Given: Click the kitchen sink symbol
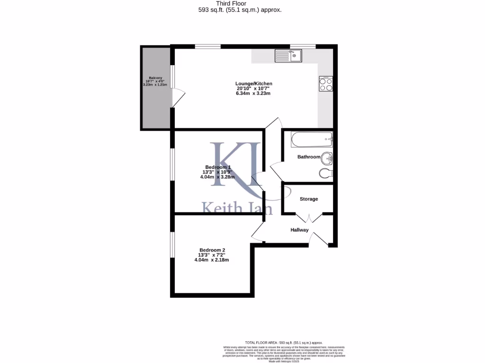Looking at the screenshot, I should pyautogui.click(x=288, y=56).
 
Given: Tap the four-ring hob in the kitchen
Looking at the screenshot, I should pyautogui.click(x=326, y=84).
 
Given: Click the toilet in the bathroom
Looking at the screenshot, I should pyautogui.click(x=326, y=173).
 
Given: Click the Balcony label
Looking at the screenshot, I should pyautogui.click(x=156, y=78).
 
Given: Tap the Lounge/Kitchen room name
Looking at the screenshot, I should pyautogui.click(x=254, y=84).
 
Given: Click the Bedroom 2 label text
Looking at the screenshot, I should pyautogui.click(x=212, y=250).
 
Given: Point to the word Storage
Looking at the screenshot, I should pyautogui.click(x=309, y=199).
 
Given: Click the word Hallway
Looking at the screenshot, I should pyautogui.click(x=299, y=230).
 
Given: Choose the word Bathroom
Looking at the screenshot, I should pyautogui.click(x=309, y=157).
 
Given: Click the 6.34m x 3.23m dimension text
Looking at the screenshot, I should pyautogui.click(x=253, y=94).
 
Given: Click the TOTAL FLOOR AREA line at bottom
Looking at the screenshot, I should pyautogui.click(x=283, y=342).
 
